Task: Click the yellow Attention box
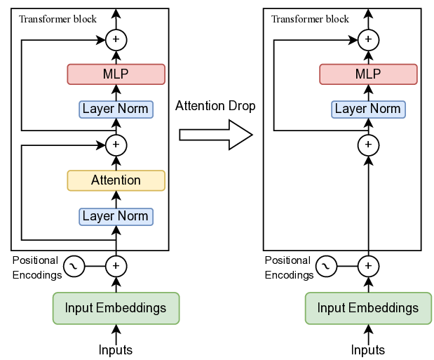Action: coord(116,180)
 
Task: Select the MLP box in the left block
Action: coord(116,74)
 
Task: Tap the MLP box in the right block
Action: coord(368,74)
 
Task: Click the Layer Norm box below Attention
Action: coord(116,216)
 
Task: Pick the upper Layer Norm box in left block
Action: coord(116,109)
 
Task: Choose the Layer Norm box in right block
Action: coord(368,109)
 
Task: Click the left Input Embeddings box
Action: coord(116,308)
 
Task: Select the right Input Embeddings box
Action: coord(368,308)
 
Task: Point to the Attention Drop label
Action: coord(215,106)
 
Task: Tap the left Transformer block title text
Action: coord(58,19)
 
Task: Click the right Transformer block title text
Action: coord(310,19)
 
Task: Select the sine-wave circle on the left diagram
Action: coord(74,266)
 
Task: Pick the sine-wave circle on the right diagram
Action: coord(326,266)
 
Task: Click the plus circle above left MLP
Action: coord(116,39)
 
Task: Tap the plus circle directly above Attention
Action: coord(116,145)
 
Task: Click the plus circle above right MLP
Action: coord(368,39)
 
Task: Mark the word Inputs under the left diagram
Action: coord(116,349)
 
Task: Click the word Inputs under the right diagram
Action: coord(368,349)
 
